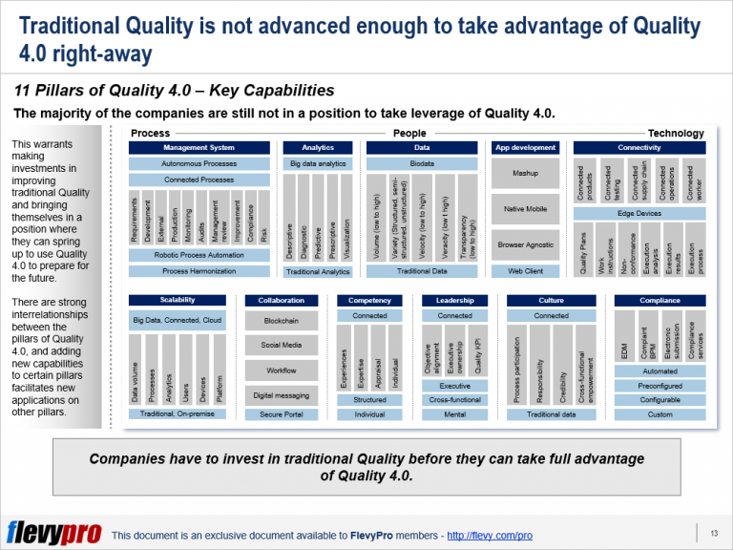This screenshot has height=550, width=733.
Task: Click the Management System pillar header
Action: tap(199, 148)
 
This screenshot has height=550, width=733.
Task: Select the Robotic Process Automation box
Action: tap(199, 256)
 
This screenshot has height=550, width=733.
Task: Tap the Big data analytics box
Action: tap(318, 164)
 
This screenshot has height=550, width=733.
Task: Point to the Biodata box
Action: tap(422, 164)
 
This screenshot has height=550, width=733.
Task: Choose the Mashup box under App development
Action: tap(525, 174)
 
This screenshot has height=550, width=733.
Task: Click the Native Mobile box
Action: tap(525, 209)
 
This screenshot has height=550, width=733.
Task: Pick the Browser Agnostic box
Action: tap(525, 245)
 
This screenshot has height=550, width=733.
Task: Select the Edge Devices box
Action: tap(639, 214)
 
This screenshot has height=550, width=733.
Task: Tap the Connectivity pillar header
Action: tap(639, 148)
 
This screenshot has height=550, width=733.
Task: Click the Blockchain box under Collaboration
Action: tap(282, 322)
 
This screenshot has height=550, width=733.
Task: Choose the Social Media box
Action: tap(282, 346)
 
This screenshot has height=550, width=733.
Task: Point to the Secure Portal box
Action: tap(282, 414)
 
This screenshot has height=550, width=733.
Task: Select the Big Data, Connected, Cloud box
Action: tap(178, 322)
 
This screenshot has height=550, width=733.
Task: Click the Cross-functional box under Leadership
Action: tap(455, 400)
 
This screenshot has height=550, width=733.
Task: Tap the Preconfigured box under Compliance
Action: tap(660, 386)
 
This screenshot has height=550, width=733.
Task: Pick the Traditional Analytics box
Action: tap(318, 272)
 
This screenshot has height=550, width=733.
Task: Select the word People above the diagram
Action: tap(409, 134)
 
